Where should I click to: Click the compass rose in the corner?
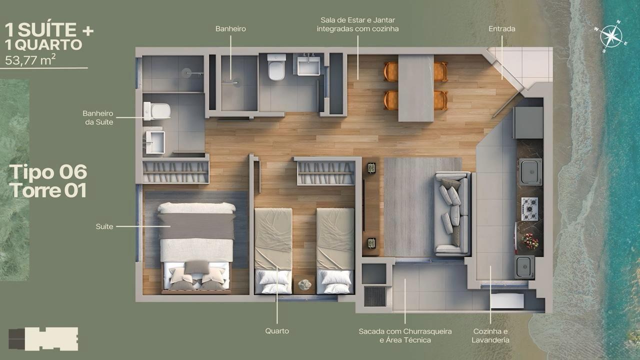610,36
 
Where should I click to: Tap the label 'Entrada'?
501,28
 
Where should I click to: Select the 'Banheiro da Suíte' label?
97,117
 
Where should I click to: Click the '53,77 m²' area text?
30,60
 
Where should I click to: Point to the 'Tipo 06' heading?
48,171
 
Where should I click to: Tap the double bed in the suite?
196,248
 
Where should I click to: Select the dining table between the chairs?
416,88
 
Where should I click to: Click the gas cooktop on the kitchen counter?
529,209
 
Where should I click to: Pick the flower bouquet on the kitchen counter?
530,241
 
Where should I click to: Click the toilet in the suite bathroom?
157,111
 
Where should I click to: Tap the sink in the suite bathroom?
154,142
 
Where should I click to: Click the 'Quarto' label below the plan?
277,331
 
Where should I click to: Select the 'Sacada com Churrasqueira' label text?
405,331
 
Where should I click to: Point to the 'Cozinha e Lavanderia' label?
490,335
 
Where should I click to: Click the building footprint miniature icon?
43,339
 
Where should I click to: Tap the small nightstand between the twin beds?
304,284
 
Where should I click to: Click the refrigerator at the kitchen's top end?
528,122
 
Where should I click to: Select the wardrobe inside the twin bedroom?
326,173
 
